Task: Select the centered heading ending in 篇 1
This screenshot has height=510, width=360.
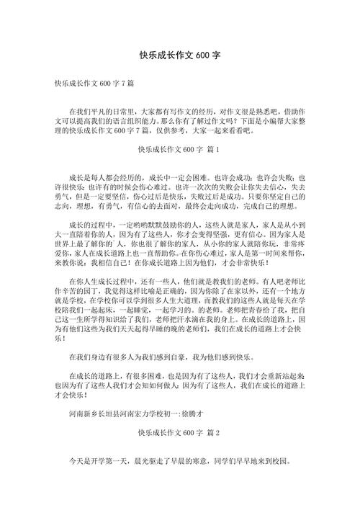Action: [180, 150]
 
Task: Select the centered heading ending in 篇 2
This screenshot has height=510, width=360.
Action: [180, 433]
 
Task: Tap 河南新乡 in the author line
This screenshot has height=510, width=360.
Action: [84, 416]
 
